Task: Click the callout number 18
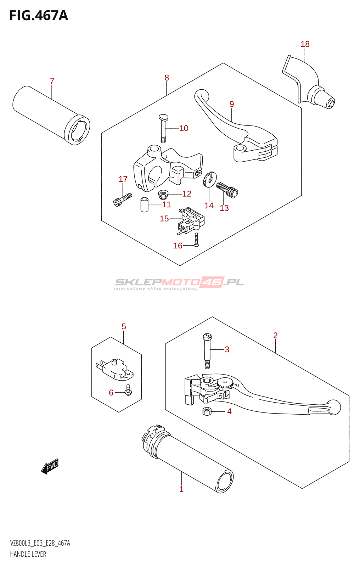pyautogui.click(x=305, y=44)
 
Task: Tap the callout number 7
pyautogui.click(x=52, y=82)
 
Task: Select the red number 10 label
pyautogui.click(x=184, y=128)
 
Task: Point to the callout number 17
pyautogui.click(x=123, y=179)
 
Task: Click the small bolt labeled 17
pyautogui.click(x=122, y=199)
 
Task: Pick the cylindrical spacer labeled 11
pyautogui.click(x=144, y=205)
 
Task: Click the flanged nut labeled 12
pyautogui.click(x=163, y=194)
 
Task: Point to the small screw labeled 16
pyautogui.click(x=197, y=240)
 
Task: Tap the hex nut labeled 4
pyautogui.click(x=207, y=411)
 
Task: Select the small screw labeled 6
pyautogui.click(x=128, y=390)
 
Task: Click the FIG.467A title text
pyautogui.click(x=39, y=16)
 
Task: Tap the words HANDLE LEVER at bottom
pyautogui.click(x=28, y=554)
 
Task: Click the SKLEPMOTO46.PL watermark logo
pyautogui.click(x=179, y=283)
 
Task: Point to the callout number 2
pyautogui.click(x=275, y=335)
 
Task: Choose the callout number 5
pyautogui.click(x=124, y=326)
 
